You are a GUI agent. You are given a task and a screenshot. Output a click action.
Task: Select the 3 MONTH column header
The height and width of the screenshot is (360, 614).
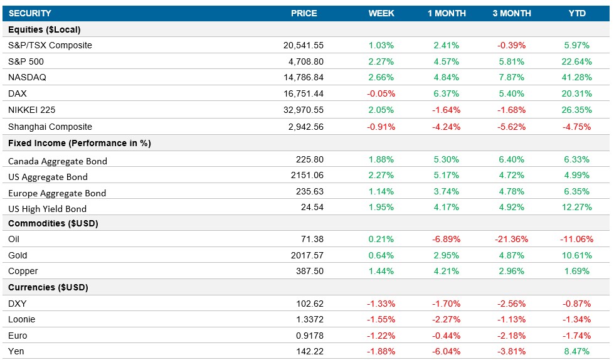[x=512, y=13]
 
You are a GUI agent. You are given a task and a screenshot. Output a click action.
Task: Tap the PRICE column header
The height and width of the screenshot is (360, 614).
[x=304, y=13]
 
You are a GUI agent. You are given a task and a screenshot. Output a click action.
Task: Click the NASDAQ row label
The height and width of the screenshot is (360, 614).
[x=27, y=78]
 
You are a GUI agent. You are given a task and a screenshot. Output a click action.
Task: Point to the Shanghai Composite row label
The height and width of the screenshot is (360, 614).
[x=50, y=127]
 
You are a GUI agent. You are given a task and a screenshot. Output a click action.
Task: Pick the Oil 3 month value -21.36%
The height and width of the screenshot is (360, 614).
[x=512, y=240]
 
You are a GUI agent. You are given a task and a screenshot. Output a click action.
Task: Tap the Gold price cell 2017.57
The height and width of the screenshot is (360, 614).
[x=307, y=256]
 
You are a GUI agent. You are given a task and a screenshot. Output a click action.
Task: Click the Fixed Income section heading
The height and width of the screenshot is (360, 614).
[x=79, y=143]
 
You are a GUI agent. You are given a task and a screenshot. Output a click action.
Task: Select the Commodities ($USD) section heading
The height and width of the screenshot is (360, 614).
[x=53, y=223]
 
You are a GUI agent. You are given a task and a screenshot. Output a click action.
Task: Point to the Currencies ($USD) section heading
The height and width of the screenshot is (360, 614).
[x=48, y=288]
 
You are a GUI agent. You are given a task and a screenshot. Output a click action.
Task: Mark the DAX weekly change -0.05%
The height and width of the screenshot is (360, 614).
[x=381, y=94]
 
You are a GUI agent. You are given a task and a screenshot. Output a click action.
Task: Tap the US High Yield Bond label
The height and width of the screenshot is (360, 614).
[x=48, y=209]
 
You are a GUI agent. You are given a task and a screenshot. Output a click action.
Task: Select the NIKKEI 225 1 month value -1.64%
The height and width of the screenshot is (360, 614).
[x=447, y=110]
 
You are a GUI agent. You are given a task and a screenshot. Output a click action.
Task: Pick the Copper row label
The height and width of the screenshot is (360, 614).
[x=23, y=272]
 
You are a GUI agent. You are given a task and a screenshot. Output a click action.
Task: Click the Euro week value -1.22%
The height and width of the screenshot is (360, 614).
[x=381, y=336]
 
